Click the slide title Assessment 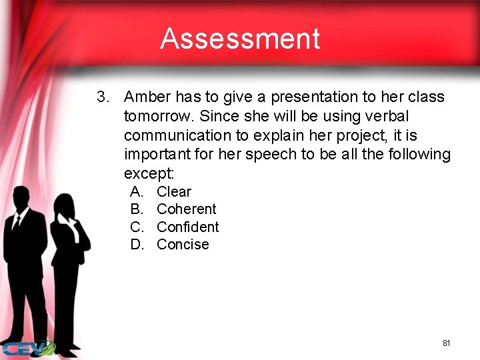tap(240, 39)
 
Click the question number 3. tap(103, 97)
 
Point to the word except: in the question tap(149, 174)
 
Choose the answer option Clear tap(174, 192)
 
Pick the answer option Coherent tap(186, 209)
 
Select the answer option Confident tap(187, 227)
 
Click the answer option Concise tap(183, 245)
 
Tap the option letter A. tap(136, 192)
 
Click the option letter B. tap(136, 209)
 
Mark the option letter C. tap(137, 227)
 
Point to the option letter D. tap(137, 245)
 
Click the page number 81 tap(446, 343)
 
